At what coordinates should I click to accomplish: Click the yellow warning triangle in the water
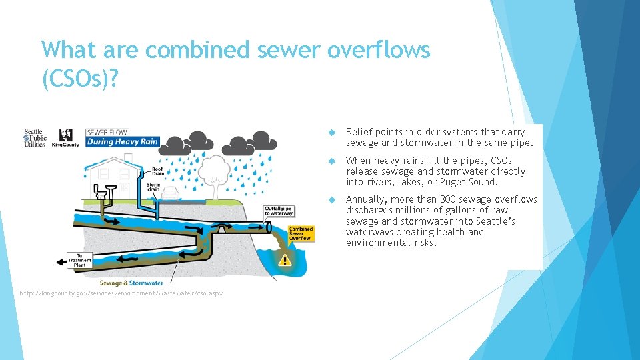point(285,259)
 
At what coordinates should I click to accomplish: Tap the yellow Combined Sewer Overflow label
point(301,233)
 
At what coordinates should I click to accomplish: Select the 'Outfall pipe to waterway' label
point(279,211)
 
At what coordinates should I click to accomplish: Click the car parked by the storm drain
point(171,193)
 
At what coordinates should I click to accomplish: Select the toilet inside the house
point(102,191)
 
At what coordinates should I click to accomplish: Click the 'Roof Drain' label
point(157,171)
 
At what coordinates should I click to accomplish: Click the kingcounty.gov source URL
point(121,293)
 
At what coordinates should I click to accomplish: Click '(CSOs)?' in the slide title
point(80,79)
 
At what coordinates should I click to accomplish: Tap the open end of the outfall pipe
point(268,227)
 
